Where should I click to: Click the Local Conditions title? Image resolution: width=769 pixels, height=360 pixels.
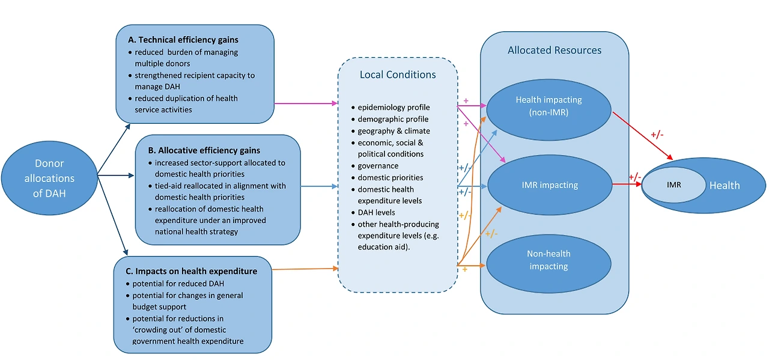398,75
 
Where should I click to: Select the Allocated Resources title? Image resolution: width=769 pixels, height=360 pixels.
554,50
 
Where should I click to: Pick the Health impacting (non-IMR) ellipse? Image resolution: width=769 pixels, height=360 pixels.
549,106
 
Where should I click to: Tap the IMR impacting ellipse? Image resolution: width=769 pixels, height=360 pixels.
549,185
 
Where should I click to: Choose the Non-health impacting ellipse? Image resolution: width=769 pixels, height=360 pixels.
549,260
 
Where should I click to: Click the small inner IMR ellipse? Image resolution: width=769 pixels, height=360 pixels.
674,185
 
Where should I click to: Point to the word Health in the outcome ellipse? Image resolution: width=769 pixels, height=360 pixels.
725,186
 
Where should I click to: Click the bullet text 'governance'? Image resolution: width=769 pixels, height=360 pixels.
378,166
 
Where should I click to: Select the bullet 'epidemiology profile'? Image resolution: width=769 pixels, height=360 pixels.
394,108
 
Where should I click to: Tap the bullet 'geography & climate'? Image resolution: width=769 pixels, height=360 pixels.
394,131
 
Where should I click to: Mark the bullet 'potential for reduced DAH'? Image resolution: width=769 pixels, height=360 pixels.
178,284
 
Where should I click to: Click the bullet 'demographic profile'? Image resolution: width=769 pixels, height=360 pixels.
393,120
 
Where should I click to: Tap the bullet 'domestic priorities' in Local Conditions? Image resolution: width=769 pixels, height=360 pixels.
390,177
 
